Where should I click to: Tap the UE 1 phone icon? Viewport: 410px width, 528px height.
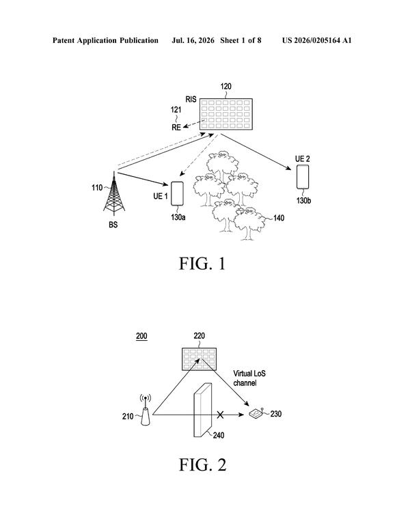[177, 193]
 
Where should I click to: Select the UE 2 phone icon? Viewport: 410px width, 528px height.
[303, 177]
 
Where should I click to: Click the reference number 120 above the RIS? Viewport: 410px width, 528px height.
[225, 87]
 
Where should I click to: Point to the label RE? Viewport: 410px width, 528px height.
[176, 128]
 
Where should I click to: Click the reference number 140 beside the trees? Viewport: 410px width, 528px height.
[279, 218]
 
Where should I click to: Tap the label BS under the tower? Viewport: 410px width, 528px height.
[113, 225]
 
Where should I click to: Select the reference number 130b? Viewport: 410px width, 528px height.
[303, 201]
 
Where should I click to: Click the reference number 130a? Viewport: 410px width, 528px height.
[178, 217]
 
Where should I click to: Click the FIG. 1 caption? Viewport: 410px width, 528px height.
[202, 264]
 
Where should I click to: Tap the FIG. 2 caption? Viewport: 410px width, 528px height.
[202, 465]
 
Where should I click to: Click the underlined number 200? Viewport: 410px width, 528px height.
[141, 336]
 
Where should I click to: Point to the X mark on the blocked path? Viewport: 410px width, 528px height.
[220, 415]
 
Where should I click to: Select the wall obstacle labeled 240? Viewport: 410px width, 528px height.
[203, 410]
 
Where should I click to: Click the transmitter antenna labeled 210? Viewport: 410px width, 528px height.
[146, 410]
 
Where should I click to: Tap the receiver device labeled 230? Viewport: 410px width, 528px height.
[256, 413]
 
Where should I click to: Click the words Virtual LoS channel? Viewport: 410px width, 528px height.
[249, 378]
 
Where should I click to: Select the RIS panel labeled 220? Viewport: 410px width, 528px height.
[199, 359]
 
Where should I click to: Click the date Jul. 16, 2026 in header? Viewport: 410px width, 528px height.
[193, 41]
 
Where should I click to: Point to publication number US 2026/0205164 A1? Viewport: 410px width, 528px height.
[316, 41]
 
